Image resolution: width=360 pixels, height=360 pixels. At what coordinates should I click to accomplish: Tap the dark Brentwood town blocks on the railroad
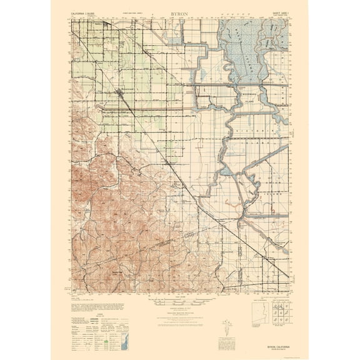[120, 93]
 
